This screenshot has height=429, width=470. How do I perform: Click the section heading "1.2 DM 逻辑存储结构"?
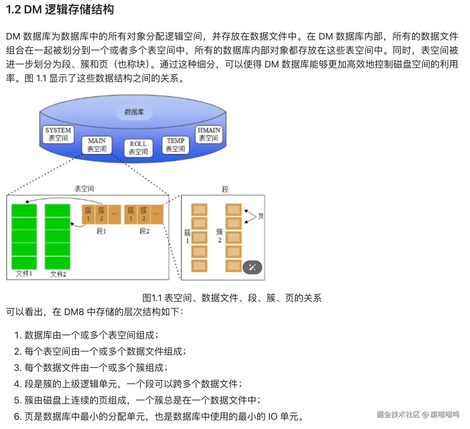(60, 10)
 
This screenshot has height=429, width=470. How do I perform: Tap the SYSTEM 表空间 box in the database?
(58, 134)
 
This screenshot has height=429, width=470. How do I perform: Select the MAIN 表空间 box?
(97, 145)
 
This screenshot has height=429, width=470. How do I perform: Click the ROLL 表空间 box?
(138, 148)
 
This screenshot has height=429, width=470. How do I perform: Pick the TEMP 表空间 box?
(175, 145)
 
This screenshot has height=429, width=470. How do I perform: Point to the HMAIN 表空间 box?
(209, 134)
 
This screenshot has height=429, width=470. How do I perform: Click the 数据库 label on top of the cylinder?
(134, 112)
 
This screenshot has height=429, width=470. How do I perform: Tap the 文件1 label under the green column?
(24, 274)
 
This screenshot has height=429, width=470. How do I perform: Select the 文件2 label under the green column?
(58, 274)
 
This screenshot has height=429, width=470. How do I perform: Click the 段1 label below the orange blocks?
(101, 231)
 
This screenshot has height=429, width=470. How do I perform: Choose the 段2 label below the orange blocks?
(144, 231)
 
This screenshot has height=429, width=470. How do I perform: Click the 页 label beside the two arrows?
(261, 216)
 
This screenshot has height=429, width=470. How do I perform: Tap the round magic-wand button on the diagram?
(252, 267)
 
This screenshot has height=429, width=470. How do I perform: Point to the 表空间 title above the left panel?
(84, 189)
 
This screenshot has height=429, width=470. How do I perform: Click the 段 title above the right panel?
(225, 190)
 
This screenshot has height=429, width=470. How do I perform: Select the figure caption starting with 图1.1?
(232, 298)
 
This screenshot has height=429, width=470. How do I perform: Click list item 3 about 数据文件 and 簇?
(91, 368)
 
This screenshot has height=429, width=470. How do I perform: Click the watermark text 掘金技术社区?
(398, 414)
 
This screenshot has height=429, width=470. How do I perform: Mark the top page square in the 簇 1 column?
(199, 210)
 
